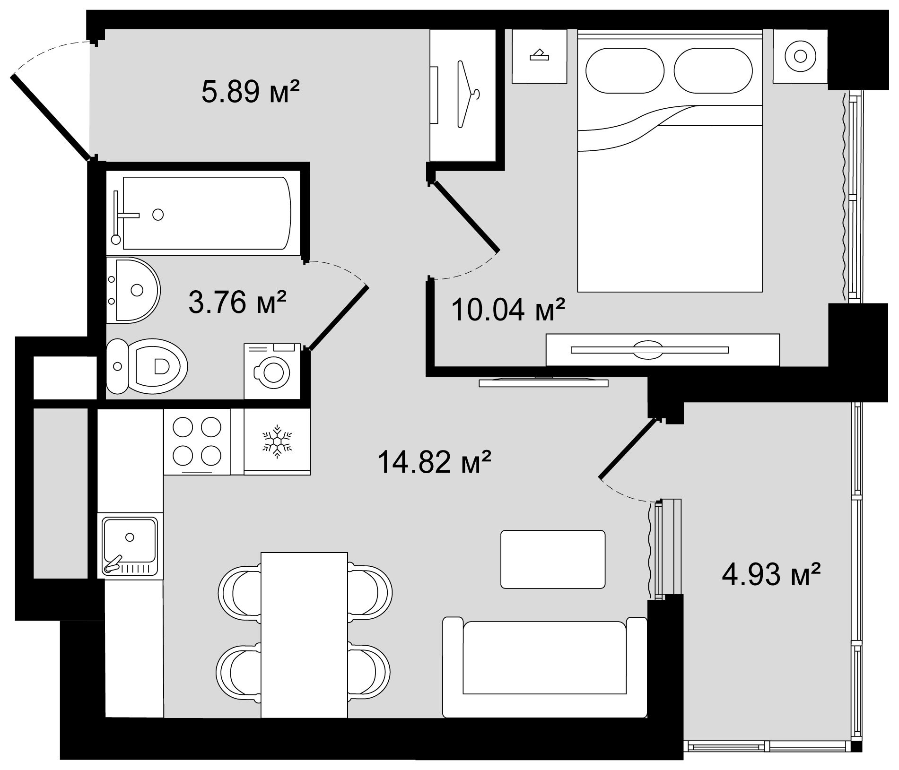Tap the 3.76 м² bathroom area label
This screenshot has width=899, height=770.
(237, 303)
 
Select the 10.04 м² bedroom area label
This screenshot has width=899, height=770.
(508, 310)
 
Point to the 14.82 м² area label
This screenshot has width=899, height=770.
(434, 462)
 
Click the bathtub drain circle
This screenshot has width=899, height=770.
(158, 215)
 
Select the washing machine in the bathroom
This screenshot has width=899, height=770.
(272, 372)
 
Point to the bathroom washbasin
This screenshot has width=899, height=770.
(135, 290)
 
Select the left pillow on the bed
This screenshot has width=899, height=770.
(624, 71)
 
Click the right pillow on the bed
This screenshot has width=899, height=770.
(713, 71)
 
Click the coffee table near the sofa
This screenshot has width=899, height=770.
(553, 559)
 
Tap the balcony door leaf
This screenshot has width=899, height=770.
(628, 449)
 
